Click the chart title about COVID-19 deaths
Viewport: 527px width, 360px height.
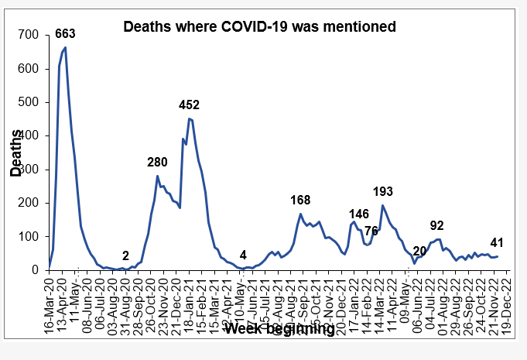click(x=261, y=26)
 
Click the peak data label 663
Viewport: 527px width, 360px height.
click(x=64, y=33)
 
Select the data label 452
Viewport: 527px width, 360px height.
click(x=190, y=105)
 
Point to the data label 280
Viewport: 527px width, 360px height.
click(x=158, y=162)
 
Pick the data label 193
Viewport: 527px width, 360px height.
click(x=383, y=190)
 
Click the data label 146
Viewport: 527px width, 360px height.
click(x=359, y=214)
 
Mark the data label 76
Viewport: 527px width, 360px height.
click(x=371, y=230)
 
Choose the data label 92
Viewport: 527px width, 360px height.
click(x=436, y=225)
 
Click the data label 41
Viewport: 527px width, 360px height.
click(x=497, y=242)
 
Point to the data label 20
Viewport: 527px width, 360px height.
click(x=419, y=251)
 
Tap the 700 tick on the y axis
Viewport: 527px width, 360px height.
click(x=29, y=35)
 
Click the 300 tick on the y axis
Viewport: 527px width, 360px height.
click(x=29, y=169)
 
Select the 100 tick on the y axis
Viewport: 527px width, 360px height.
click(x=29, y=236)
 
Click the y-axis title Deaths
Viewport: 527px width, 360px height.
click(x=15, y=152)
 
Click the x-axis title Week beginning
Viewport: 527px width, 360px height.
click(x=279, y=329)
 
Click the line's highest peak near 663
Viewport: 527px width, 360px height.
click(x=65, y=48)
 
